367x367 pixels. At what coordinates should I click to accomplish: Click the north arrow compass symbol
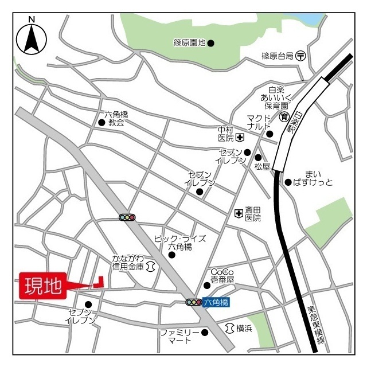[31, 38]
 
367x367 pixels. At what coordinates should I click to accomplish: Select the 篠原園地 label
[189, 43]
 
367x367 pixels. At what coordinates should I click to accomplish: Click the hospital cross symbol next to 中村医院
[239, 138]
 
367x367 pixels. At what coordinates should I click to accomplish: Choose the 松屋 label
[262, 167]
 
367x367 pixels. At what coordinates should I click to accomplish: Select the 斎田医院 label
[253, 214]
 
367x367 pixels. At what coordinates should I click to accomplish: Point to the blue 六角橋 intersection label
[216, 302]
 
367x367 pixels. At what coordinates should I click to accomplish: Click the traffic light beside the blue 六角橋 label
[193, 302]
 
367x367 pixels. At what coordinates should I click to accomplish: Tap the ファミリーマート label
[179, 336]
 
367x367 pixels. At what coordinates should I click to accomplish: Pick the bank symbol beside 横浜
[229, 328]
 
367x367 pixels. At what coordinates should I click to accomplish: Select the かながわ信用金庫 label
[128, 262]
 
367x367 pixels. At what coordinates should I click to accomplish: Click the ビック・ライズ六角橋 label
[179, 242]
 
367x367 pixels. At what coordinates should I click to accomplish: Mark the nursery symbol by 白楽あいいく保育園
[284, 117]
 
